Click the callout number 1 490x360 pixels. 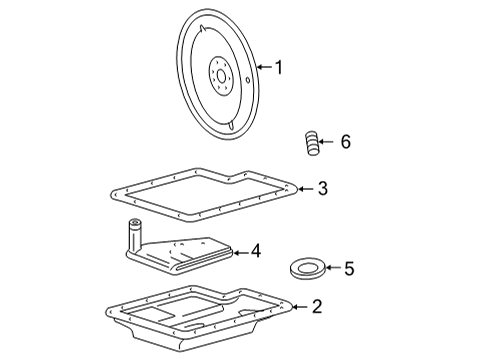coord(279,68)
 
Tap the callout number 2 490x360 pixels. coord(316,307)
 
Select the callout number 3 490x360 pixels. coord(322,187)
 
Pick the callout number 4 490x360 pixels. coord(257,250)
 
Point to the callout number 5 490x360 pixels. coord(349,268)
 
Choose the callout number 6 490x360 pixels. coord(346,142)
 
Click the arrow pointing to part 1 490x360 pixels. coord(264,68)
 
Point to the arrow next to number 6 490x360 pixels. coord(330,142)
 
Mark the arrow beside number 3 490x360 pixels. coord(306,187)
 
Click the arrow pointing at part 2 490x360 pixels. coord(299,307)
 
